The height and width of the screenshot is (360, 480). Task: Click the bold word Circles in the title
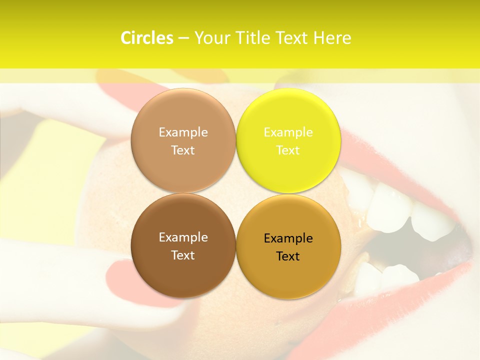click(146, 38)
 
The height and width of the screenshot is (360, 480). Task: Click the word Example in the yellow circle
click(288, 132)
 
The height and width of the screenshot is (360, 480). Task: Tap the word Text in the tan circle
click(183, 150)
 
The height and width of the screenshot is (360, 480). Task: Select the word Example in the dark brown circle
click(183, 237)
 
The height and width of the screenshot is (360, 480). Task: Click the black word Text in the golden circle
click(288, 256)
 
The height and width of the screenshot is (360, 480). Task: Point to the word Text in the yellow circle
click(288, 150)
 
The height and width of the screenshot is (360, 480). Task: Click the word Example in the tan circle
click(183, 132)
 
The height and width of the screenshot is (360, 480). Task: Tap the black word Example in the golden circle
click(288, 238)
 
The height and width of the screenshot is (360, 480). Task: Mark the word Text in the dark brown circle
click(183, 255)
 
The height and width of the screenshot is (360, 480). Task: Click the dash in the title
click(183, 38)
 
